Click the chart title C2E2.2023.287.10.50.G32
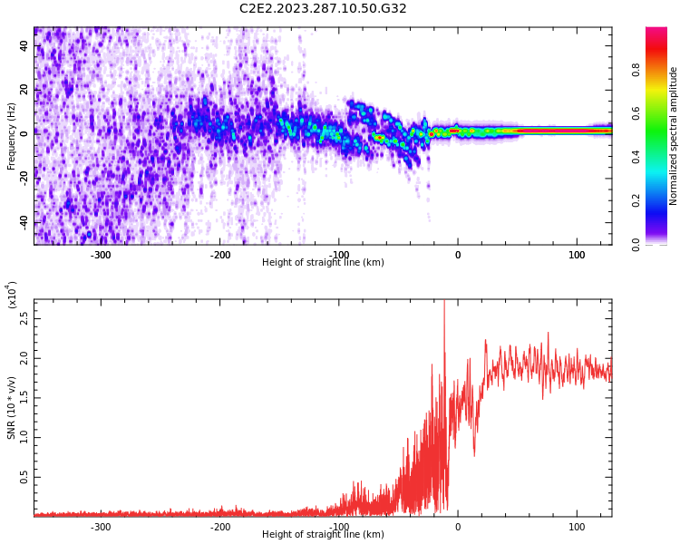(323, 9)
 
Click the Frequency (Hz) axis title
(12, 136)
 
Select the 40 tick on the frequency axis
(24, 45)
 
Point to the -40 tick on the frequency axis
(23, 222)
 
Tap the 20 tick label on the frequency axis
(24, 90)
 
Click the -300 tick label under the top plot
(101, 255)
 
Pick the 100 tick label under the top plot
(577, 255)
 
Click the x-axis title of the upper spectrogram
(323, 263)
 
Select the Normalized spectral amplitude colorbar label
(674, 136)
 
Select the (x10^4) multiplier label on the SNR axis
(12, 295)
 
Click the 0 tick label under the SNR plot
(457, 527)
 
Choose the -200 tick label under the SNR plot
(220, 527)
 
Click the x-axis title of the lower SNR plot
(323, 535)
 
